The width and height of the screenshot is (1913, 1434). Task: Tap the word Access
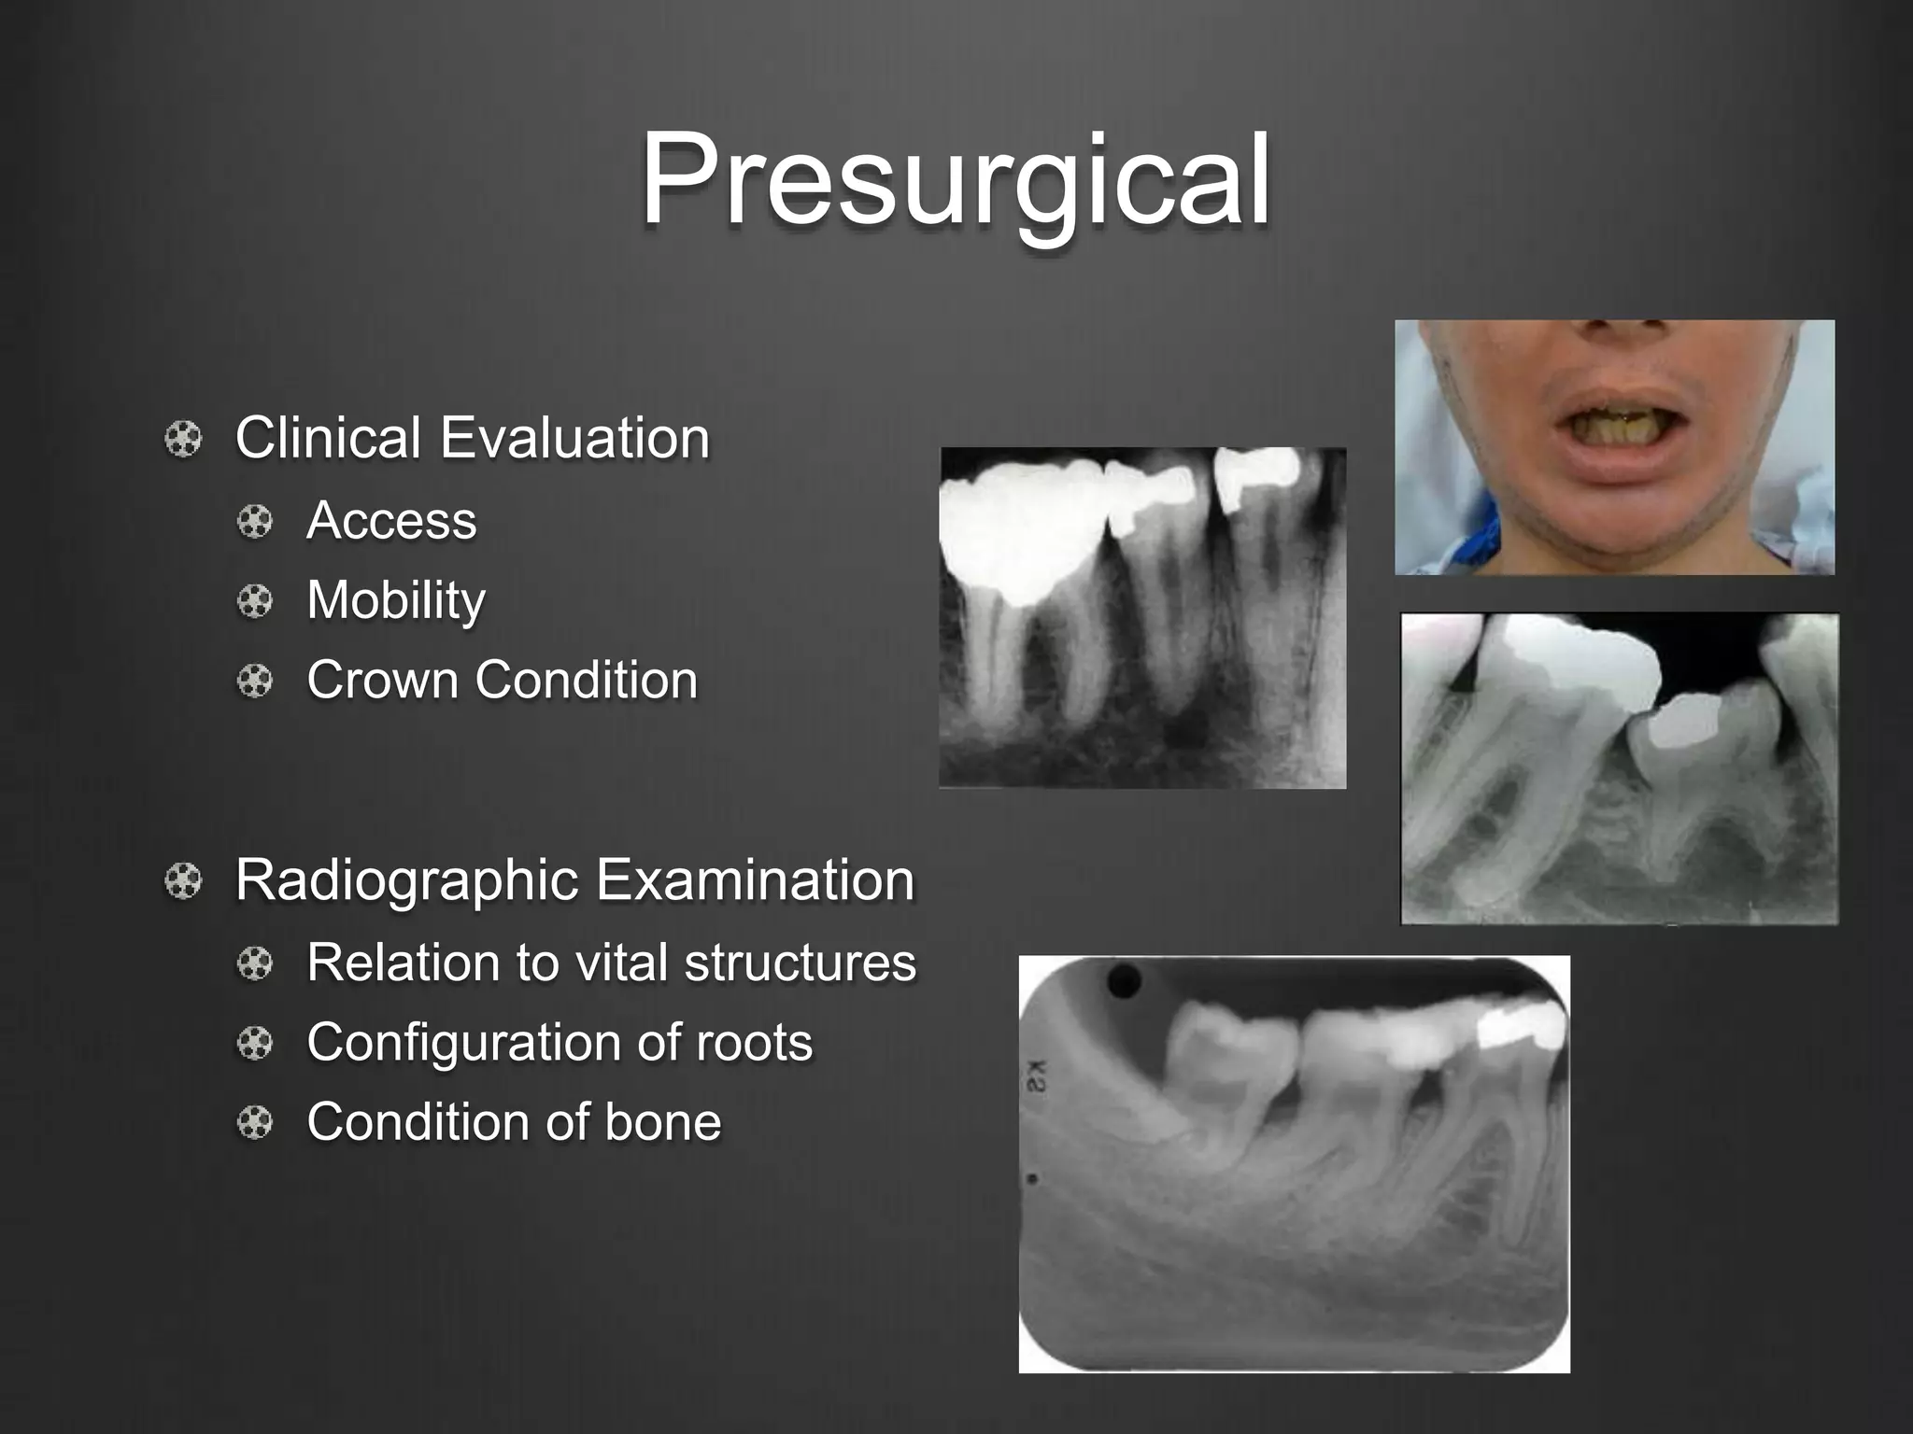(x=391, y=520)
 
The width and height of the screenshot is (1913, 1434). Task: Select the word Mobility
(x=396, y=600)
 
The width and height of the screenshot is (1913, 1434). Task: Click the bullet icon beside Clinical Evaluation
(x=183, y=439)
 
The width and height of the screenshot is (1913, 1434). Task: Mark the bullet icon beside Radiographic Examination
(x=183, y=881)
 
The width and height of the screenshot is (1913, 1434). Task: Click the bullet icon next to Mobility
(x=255, y=601)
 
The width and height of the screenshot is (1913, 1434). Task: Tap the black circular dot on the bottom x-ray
(x=1124, y=981)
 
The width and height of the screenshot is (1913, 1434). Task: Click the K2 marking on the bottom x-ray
(x=1036, y=1075)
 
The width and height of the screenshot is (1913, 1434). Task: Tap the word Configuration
(x=462, y=1042)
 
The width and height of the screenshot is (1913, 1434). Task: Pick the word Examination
(x=755, y=880)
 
